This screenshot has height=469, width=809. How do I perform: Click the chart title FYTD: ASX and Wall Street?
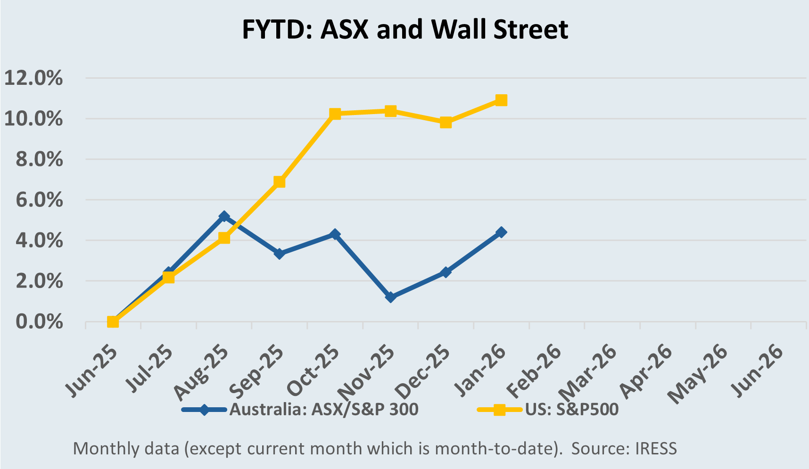404,29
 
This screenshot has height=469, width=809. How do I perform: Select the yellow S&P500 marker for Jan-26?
501,100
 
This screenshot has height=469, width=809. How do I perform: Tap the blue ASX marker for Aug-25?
224,216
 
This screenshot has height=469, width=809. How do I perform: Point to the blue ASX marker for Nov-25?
390,297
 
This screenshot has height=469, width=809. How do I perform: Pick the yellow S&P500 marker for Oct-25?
335,114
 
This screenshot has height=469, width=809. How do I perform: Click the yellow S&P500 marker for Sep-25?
279,182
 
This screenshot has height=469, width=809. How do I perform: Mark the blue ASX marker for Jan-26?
501,232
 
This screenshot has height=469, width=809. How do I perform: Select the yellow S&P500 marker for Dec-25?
446,123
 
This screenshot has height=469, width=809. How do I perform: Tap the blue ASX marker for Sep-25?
279,254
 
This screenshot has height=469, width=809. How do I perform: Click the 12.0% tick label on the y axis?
33,78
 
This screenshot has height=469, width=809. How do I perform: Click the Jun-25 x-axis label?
92,372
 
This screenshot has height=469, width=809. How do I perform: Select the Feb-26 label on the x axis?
534,372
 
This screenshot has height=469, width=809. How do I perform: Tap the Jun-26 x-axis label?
757,372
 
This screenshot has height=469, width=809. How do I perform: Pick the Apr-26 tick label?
646,372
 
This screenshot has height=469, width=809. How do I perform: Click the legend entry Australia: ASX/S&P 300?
324,409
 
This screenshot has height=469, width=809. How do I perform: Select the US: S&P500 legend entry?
572,409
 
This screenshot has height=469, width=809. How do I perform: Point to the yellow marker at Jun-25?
113,322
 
